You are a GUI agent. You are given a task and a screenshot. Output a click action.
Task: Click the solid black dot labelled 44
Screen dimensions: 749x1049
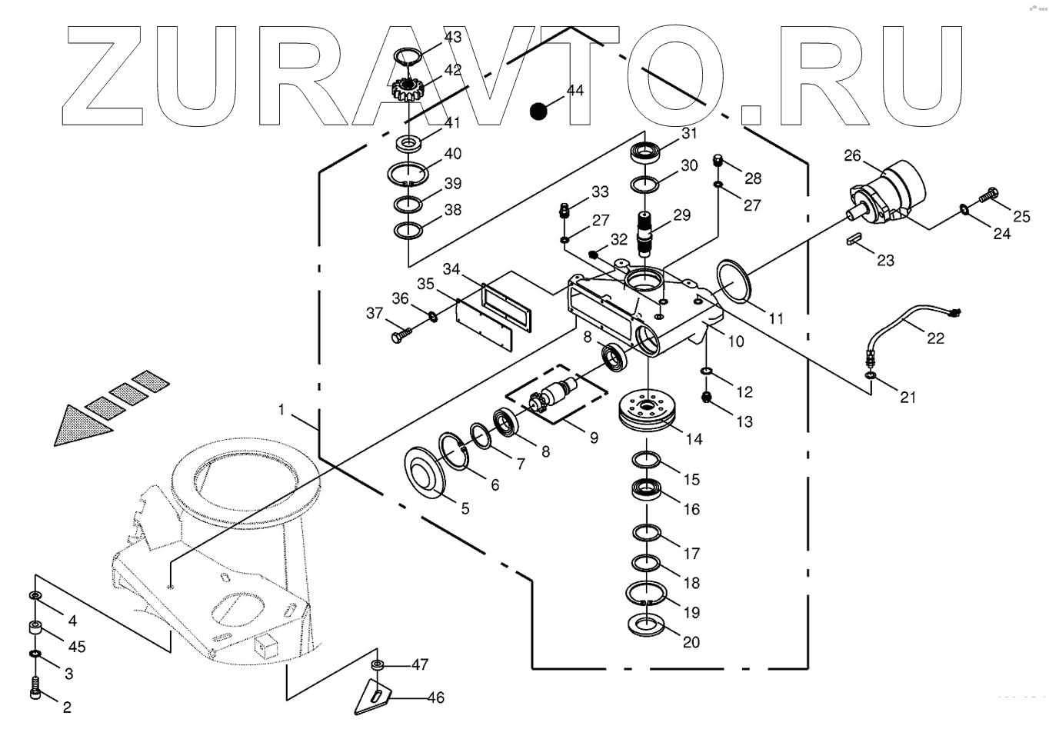tap(539, 112)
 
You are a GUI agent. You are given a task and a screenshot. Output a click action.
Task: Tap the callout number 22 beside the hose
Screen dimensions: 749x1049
tap(935, 338)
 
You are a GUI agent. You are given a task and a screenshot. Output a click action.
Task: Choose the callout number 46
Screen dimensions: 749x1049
tap(435, 698)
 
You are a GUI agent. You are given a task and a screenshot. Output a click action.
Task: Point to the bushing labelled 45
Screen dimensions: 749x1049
tap(36, 628)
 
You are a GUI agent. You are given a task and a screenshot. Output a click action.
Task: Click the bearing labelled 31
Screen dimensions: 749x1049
tap(646, 151)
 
